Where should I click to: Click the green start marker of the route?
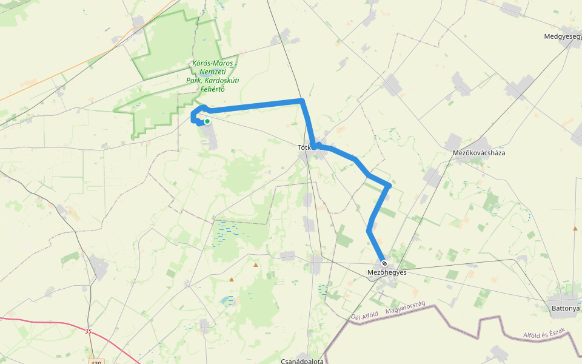pyautogui.click(x=207, y=121)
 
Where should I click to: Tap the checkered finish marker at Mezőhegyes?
pyautogui.click(x=384, y=263)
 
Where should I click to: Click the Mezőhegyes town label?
pyautogui.click(x=387, y=272)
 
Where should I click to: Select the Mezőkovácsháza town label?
pyautogui.click(x=479, y=153)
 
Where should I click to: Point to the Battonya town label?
pyautogui.click(x=565, y=308)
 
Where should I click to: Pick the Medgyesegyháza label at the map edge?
pyautogui.click(x=563, y=36)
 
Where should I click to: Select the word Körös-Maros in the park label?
pyautogui.click(x=212, y=63)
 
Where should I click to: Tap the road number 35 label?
pyautogui.click(x=89, y=331)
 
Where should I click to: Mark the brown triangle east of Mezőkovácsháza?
pyautogui.click(x=575, y=228)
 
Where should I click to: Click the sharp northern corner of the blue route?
pyautogui.click(x=301, y=100)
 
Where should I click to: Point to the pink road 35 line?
pyautogui.click(x=48, y=323)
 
